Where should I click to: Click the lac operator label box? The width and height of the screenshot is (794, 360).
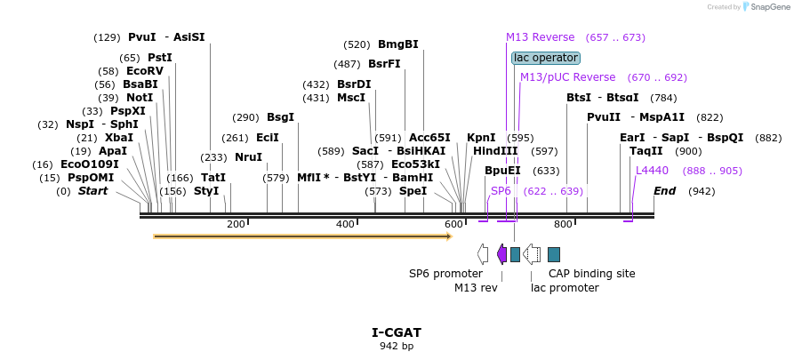click(x=546, y=58)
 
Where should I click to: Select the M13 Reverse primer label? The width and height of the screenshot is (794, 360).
click(x=541, y=37)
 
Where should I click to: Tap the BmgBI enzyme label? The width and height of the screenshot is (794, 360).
click(x=397, y=44)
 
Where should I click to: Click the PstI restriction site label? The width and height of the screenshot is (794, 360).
click(x=160, y=58)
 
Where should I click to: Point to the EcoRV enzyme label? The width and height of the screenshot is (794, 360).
click(x=145, y=71)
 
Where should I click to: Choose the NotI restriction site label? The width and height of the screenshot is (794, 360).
click(x=139, y=98)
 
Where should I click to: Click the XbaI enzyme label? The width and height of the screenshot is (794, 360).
click(x=119, y=138)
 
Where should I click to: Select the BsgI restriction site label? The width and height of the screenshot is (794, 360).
click(x=280, y=117)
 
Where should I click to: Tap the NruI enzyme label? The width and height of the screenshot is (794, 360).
click(x=248, y=157)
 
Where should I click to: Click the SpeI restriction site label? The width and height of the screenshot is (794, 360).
click(x=413, y=191)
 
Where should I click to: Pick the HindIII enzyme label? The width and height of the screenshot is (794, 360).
click(x=495, y=151)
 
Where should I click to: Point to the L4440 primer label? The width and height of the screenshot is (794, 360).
click(x=652, y=171)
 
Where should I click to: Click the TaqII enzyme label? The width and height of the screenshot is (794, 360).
click(x=646, y=151)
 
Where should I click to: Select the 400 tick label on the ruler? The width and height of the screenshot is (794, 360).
click(x=345, y=224)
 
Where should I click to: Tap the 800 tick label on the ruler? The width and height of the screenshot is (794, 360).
click(x=563, y=224)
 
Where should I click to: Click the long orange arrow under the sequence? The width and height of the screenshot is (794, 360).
click(x=302, y=236)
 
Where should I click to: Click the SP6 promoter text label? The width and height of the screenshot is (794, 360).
click(x=445, y=274)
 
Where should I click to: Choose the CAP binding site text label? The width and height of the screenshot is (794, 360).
click(x=591, y=274)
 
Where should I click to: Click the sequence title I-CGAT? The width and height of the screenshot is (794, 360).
click(x=397, y=332)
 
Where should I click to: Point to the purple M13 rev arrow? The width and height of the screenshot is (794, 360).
click(x=501, y=254)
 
